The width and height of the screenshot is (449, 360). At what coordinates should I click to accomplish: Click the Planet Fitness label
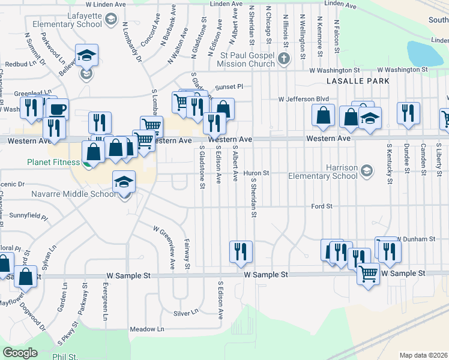pyautogui.click(x=53, y=162)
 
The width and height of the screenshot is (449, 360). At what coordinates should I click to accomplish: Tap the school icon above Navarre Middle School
pyautogui.click(x=124, y=182)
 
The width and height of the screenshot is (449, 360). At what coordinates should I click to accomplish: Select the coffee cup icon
pyautogui.click(x=58, y=109)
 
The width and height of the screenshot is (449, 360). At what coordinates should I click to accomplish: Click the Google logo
pyautogui.click(x=20, y=352)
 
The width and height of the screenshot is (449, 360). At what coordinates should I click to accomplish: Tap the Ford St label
pyautogui.click(x=322, y=206)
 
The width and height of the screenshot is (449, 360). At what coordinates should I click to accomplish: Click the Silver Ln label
pyautogui.click(x=185, y=313)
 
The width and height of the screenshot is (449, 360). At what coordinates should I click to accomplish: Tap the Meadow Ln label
pyautogui.click(x=147, y=329)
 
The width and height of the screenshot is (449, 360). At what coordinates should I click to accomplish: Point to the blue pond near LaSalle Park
pyautogui.click(x=425, y=54)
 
